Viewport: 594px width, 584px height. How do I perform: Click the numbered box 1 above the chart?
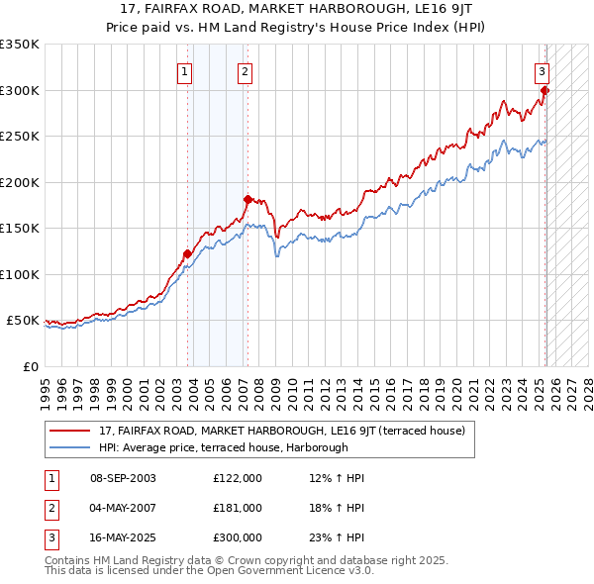click(x=185, y=70)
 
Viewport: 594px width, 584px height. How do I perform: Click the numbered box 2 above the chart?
click(x=245, y=70)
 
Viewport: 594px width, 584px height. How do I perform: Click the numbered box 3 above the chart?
click(x=543, y=70)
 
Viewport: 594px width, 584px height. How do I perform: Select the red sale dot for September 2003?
click(x=187, y=254)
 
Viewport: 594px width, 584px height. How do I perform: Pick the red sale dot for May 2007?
click(x=247, y=200)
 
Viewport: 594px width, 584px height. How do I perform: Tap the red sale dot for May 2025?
click(x=544, y=91)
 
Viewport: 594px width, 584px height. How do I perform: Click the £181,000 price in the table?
click(x=238, y=507)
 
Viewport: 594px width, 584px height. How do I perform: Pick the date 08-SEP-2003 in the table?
click(x=123, y=478)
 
